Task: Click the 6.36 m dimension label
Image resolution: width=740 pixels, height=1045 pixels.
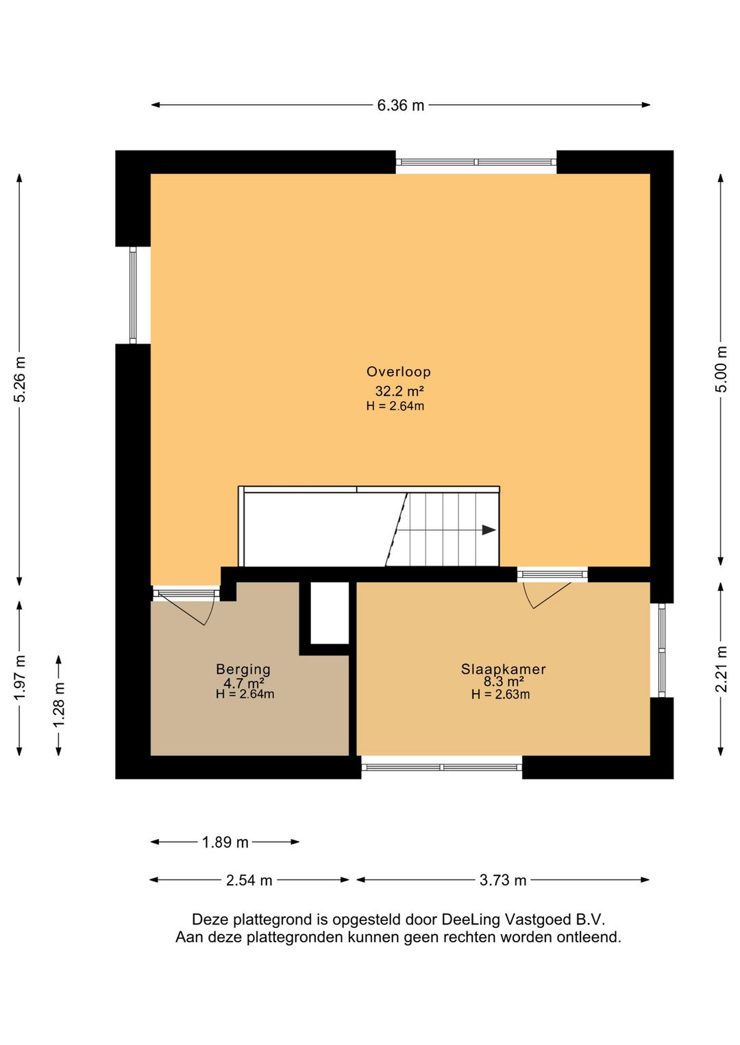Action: [401, 105]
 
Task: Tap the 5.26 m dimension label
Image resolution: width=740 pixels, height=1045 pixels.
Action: [20, 378]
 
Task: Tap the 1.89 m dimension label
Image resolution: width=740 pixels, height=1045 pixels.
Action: [225, 842]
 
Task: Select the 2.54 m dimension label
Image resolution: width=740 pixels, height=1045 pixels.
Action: [249, 881]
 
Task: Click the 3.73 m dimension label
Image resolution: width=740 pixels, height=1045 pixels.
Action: [503, 881]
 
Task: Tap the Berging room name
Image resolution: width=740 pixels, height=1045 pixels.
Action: [243, 670]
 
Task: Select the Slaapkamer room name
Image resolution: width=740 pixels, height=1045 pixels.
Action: [504, 669]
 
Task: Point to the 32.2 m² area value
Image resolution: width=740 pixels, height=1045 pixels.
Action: [399, 390]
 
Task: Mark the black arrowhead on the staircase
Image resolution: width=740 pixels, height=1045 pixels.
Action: [489, 530]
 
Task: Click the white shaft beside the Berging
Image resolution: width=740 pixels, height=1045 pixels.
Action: [330, 612]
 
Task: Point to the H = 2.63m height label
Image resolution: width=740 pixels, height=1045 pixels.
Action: [500, 694]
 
